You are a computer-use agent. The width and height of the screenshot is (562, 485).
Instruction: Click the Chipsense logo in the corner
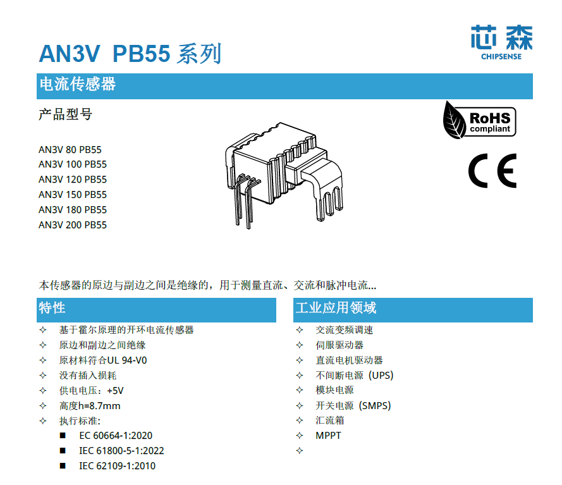[x=501, y=42]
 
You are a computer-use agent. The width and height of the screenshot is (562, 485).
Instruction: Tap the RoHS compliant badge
[x=480, y=120]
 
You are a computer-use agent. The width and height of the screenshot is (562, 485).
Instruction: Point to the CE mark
[x=492, y=171]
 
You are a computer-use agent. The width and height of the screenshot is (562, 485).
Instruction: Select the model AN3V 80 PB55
[x=70, y=149]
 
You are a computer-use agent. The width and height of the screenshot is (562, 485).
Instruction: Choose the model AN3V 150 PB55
[x=73, y=195]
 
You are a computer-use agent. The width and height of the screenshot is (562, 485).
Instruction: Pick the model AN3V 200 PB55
[x=73, y=225]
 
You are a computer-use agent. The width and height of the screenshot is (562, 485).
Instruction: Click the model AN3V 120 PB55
[x=73, y=179]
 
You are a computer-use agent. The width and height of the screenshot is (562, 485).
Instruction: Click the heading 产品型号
[x=66, y=114]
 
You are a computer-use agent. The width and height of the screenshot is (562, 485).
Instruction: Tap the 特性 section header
[x=52, y=308]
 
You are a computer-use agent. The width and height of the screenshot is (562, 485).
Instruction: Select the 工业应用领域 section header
[x=336, y=308]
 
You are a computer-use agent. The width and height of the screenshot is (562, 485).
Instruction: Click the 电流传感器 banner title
[x=78, y=84]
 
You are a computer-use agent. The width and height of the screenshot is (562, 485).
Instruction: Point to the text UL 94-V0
[x=127, y=360]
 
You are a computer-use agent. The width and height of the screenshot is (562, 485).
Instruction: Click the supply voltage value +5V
[x=115, y=391]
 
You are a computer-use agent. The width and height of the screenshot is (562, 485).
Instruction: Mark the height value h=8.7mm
[x=99, y=406]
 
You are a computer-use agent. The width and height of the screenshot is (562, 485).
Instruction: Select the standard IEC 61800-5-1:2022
[x=121, y=451]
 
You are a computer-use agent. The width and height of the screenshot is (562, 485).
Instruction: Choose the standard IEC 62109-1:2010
[x=117, y=466]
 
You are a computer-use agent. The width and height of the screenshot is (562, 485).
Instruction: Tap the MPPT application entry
[x=328, y=436]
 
